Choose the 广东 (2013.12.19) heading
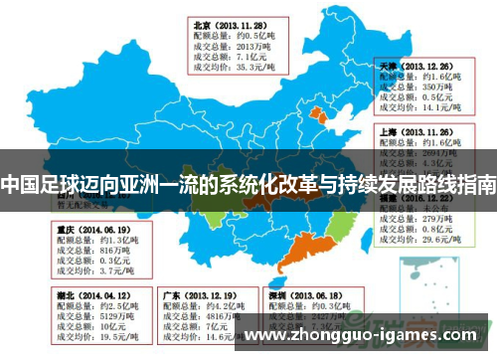coord(185,295)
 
